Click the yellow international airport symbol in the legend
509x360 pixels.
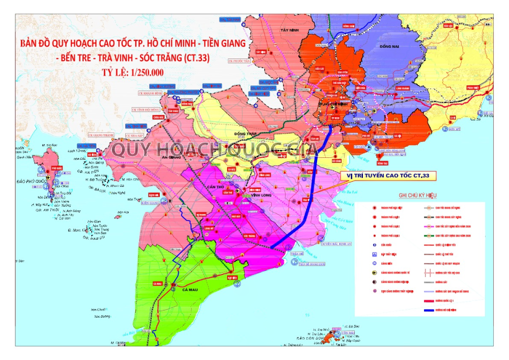coord(375,272)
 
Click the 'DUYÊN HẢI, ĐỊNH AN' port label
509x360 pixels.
coord(336,244)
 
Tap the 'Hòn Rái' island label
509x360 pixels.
coord(123,212)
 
